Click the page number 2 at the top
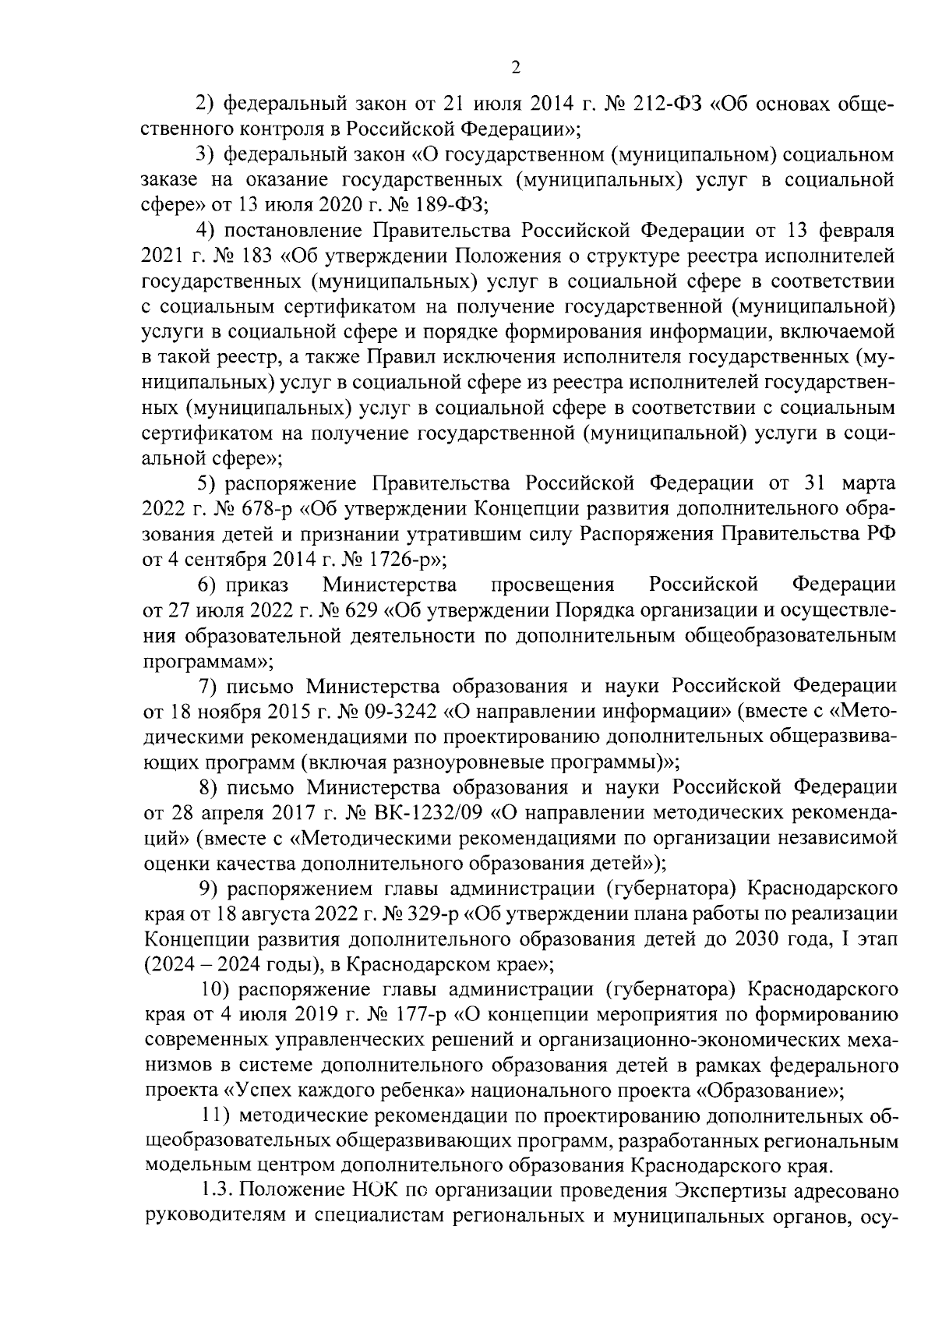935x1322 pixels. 514,69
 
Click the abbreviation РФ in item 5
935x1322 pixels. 880,534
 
